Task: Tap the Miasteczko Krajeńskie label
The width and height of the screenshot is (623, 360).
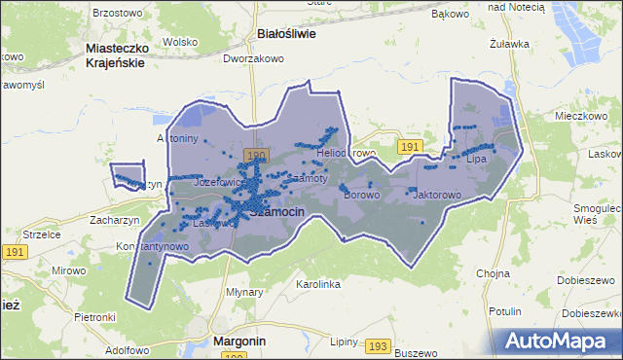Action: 116,54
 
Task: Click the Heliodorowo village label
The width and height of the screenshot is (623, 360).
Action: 346,154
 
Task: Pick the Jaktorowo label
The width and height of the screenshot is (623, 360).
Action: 436,195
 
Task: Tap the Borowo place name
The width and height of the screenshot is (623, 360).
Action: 361,195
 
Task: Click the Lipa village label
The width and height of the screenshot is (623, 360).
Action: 476,158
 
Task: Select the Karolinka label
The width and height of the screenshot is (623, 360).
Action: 317,284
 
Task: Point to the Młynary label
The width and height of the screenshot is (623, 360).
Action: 244,291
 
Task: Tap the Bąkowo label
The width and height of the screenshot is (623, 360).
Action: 449,15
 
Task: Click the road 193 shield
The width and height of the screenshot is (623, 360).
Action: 378,345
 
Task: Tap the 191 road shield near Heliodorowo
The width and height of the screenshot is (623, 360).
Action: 410,146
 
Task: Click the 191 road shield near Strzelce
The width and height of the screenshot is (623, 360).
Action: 14,251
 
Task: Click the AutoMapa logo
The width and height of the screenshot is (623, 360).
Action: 558,341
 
